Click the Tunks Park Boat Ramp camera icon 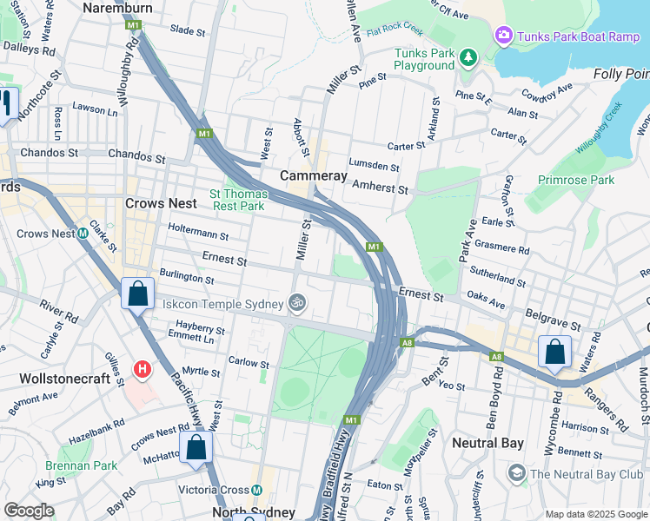[x=503, y=36]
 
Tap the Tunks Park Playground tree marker [x=468, y=56]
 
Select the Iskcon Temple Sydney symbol [x=297, y=303]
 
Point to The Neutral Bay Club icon [x=517, y=473]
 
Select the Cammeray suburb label [x=314, y=176]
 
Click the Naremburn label [x=117, y=8]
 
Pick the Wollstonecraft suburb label [x=64, y=379]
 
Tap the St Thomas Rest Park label [x=236, y=200]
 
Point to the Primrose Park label [x=576, y=180]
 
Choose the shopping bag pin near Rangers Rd [x=554, y=353]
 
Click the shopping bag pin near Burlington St [x=137, y=293]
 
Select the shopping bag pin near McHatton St [x=196, y=448]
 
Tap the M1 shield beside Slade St [x=133, y=26]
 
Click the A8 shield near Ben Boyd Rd [x=495, y=357]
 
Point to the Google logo [x=29, y=511]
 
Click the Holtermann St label [x=198, y=235]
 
